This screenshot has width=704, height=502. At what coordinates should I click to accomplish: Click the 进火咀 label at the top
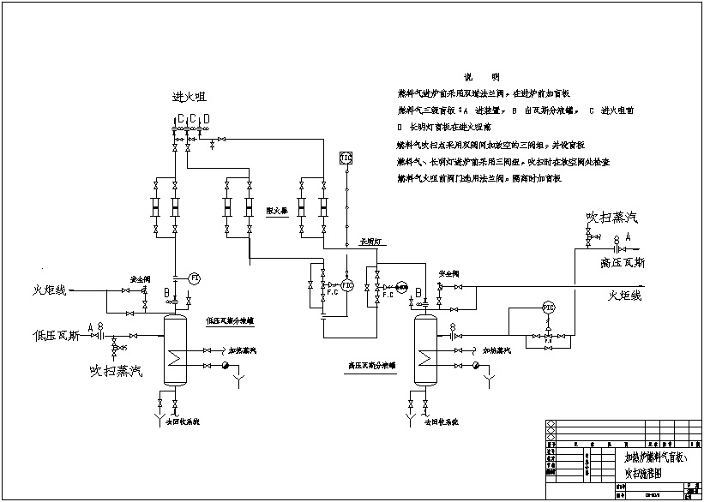[189, 97]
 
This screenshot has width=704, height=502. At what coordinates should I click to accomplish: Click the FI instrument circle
[194, 278]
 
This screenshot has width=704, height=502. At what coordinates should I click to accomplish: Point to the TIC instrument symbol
[346, 158]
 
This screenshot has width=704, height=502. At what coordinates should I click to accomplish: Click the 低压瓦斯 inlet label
[57, 336]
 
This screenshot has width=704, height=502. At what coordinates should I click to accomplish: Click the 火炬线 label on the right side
[624, 296]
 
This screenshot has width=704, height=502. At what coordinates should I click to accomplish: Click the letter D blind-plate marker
[206, 117]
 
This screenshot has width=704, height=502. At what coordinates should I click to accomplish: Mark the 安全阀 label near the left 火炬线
[141, 279]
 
